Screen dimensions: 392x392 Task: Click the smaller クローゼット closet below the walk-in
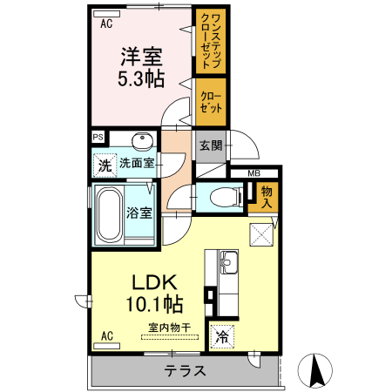pos(210,102)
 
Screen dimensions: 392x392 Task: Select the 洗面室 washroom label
pos(138,163)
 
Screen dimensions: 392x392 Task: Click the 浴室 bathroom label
pos(139,212)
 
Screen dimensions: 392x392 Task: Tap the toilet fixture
pos(225,197)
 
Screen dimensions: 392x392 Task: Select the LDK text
pos(155,283)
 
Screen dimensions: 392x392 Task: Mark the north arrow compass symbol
pos(318,371)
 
